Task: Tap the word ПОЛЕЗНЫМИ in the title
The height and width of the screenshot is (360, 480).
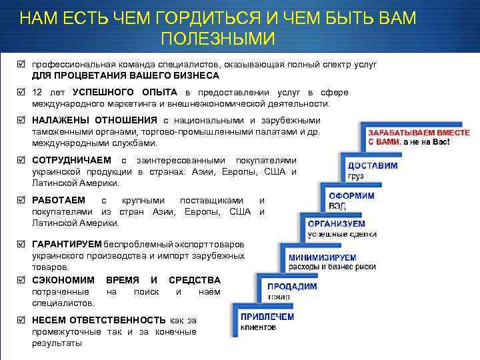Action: click(x=217, y=39)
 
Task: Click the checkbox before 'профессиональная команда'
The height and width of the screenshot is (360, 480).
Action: click(x=21, y=65)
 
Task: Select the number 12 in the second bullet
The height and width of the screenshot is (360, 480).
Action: click(x=37, y=93)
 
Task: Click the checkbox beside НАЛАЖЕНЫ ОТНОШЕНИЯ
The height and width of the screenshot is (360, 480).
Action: click(x=21, y=121)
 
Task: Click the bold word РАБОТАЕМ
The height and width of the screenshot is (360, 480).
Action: click(x=59, y=201)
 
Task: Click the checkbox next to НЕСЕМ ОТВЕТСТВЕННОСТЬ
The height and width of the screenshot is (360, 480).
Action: click(x=21, y=320)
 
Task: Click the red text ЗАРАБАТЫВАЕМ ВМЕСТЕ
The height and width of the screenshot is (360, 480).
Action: click(x=419, y=133)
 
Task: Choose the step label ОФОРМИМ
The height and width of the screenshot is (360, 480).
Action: click(x=351, y=196)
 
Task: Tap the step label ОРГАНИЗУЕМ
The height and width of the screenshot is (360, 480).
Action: click(x=336, y=224)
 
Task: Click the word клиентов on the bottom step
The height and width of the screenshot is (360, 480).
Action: click(x=259, y=327)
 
